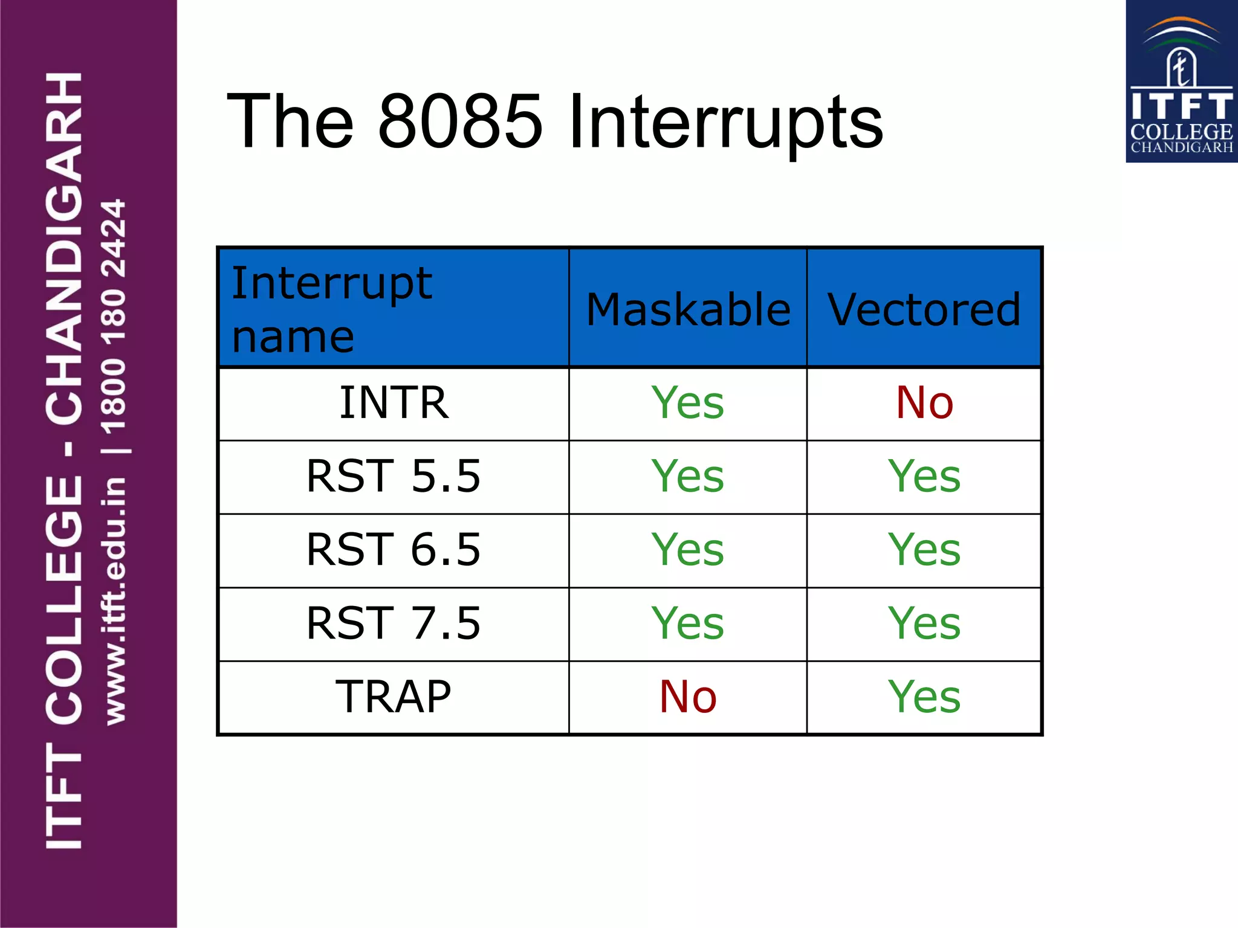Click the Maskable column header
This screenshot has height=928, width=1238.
tap(688, 309)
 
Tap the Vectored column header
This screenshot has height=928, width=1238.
tap(924, 309)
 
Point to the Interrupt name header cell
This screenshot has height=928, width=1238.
tap(332, 308)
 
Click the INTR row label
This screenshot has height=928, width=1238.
tap(394, 403)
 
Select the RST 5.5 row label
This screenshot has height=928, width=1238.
tap(394, 476)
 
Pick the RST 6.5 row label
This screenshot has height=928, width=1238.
tap(394, 550)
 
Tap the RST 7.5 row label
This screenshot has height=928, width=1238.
tap(394, 623)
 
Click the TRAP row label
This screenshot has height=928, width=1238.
tap(394, 697)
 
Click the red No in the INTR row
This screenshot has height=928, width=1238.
tap(924, 403)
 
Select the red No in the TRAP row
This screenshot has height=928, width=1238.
tap(688, 697)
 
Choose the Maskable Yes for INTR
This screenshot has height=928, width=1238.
tap(688, 403)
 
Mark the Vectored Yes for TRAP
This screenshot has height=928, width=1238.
tap(924, 697)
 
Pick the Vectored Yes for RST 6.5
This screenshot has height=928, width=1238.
tap(924, 550)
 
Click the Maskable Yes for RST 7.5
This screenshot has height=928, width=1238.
tap(688, 623)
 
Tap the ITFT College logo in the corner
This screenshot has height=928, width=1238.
tap(1181, 82)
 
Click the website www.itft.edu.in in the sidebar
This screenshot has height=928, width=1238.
tap(115, 601)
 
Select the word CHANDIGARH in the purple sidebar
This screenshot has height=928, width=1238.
tap(63, 248)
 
